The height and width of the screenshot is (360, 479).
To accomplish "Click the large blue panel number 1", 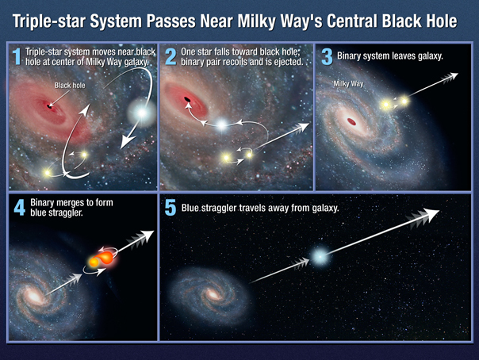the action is (x=17, y=56).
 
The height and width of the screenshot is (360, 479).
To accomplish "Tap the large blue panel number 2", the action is (x=171, y=56).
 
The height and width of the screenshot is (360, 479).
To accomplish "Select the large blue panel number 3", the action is (x=327, y=57).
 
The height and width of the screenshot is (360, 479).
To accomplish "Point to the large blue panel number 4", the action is (x=20, y=208).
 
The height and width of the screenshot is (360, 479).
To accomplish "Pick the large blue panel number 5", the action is (x=171, y=208).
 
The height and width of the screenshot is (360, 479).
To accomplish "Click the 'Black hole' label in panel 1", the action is (x=70, y=85).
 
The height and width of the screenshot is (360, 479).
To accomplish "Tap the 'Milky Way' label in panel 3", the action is (x=349, y=84).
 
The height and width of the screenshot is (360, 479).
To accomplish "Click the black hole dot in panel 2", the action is (x=187, y=99).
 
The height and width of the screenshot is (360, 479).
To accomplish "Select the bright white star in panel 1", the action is (x=141, y=113).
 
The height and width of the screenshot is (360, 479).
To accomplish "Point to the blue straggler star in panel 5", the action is (x=320, y=257).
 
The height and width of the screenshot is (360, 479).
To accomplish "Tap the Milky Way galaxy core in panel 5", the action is (x=213, y=295).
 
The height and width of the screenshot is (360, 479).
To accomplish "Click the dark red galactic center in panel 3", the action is (x=351, y=122).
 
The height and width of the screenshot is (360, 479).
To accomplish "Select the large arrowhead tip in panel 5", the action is (x=439, y=211).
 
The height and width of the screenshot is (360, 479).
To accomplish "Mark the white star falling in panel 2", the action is (x=222, y=124).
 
